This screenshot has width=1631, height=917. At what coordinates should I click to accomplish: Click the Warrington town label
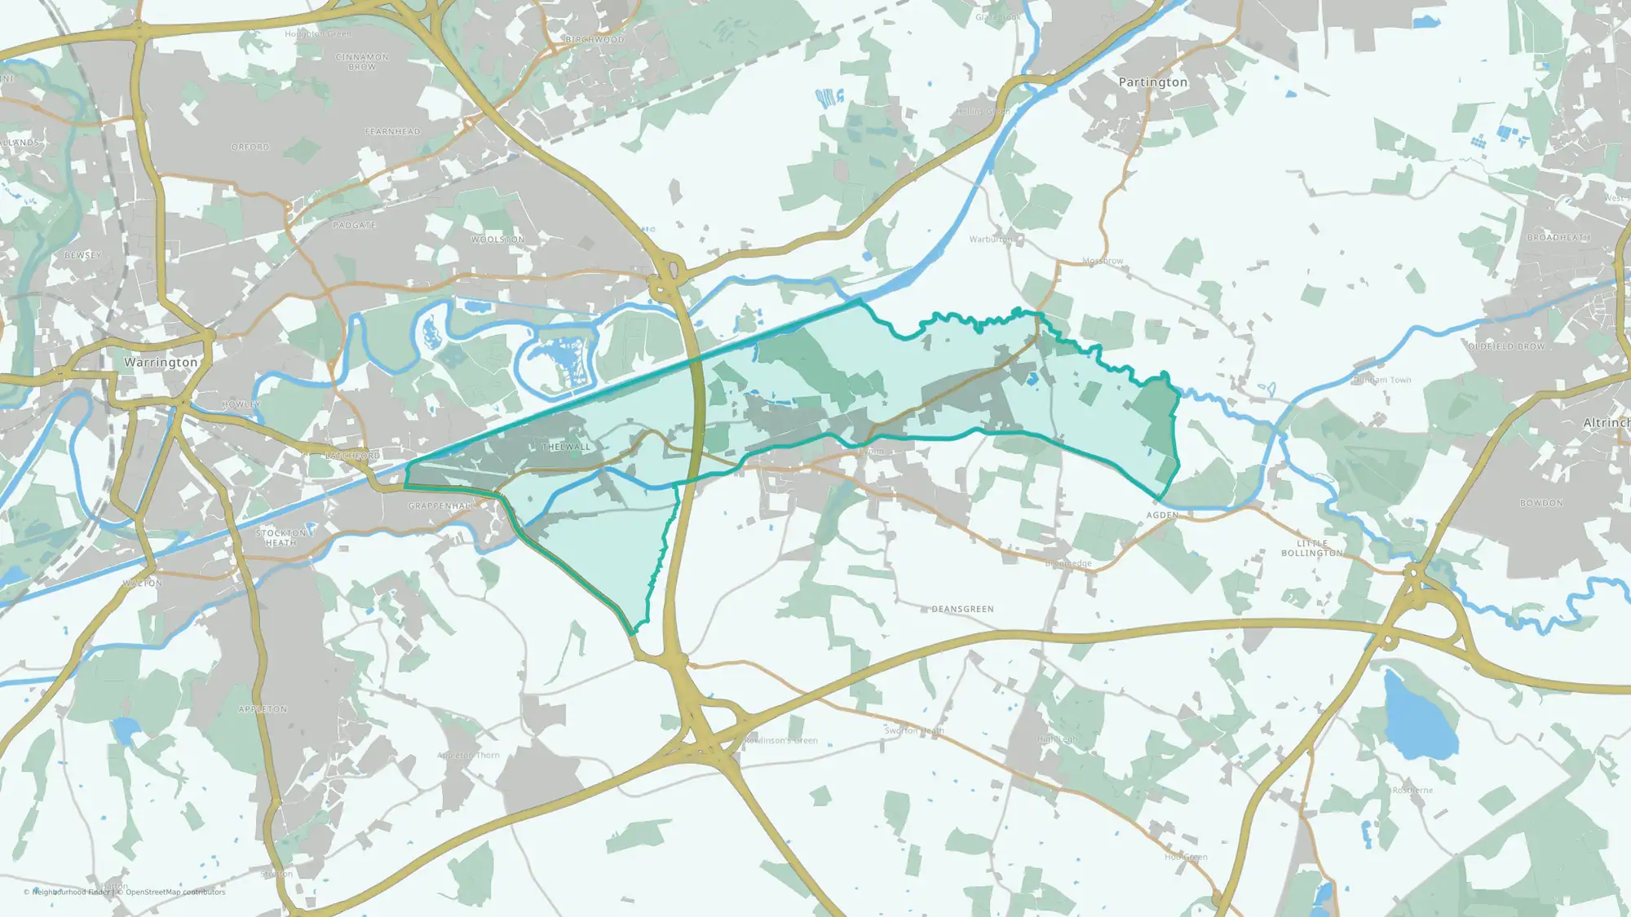tap(161, 362)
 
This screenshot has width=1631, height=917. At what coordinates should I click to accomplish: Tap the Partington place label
tap(1152, 82)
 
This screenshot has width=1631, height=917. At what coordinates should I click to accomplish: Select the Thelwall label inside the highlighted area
tap(566, 447)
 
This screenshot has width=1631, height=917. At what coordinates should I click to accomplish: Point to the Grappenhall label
tap(441, 506)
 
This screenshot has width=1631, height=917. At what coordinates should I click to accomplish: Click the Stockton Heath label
tap(281, 537)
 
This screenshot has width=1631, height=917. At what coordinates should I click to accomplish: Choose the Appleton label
tap(263, 709)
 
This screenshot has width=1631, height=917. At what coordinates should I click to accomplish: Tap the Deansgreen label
tap(962, 609)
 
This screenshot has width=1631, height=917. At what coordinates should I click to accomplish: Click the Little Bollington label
tap(1311, 548)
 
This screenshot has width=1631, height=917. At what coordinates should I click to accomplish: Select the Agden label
tap(1162, 515)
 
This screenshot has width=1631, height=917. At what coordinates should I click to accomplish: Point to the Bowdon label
tap(1541, 503)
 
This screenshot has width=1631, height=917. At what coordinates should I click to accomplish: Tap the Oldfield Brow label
tap(1506, 346)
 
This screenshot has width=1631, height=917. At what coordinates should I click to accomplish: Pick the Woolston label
tap(497, 240)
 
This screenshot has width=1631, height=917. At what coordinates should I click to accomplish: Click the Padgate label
tap(354, 225)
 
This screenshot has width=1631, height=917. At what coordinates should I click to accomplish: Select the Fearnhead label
tap(392, 131)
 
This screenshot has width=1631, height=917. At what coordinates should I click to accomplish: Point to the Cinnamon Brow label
tap(362, 62)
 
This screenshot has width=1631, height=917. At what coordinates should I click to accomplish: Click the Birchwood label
tap(594, 39)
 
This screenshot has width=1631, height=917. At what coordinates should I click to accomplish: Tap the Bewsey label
tap(83, 255)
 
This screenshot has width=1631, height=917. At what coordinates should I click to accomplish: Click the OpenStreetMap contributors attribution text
tap(175, 892)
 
